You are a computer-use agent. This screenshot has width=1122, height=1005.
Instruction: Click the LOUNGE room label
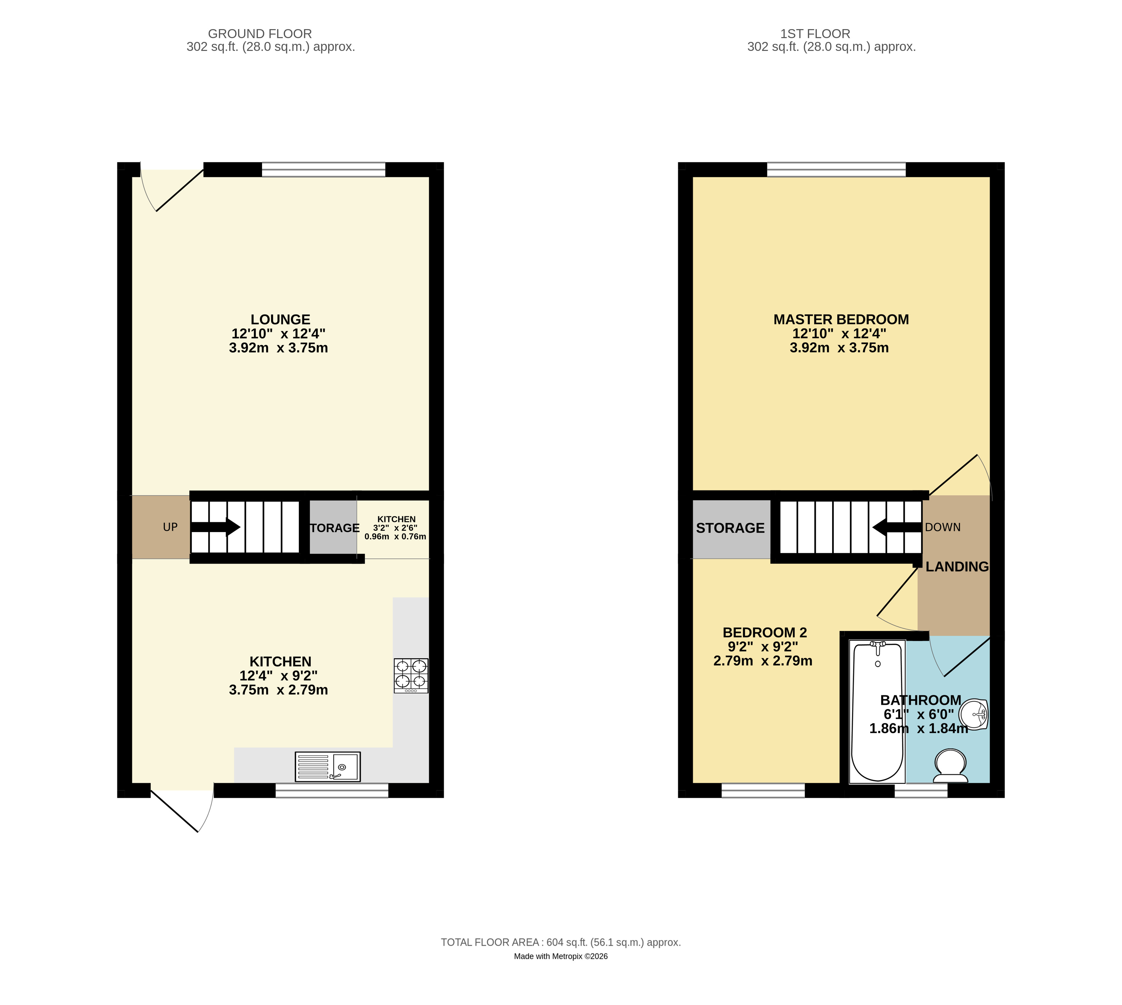tap(280, 320)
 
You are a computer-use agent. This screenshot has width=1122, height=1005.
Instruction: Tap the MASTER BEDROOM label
tap(841, 320)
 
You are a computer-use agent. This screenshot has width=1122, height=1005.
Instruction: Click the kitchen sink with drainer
tap(328, 766)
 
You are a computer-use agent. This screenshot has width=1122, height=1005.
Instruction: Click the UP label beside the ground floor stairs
tap(170, 527)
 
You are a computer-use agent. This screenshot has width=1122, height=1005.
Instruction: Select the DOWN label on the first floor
tap(943, 527)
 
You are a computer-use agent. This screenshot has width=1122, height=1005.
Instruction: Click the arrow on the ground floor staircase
tap(216, 527)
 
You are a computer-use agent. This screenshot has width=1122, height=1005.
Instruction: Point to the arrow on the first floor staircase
tap(897, 527)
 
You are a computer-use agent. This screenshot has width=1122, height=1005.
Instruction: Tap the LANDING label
tap(957, 567)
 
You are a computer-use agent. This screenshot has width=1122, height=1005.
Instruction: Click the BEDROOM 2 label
tap(765, 632)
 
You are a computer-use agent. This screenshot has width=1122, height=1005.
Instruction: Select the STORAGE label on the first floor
tap(730, 528)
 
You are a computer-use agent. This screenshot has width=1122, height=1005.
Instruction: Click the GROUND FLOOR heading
tap(260, 34)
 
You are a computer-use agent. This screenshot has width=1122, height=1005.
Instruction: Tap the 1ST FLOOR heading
tap(815, 34)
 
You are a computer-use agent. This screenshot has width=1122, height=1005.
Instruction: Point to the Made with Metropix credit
tap(561, 956)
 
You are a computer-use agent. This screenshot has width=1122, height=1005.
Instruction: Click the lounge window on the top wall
tap(323, 169)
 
